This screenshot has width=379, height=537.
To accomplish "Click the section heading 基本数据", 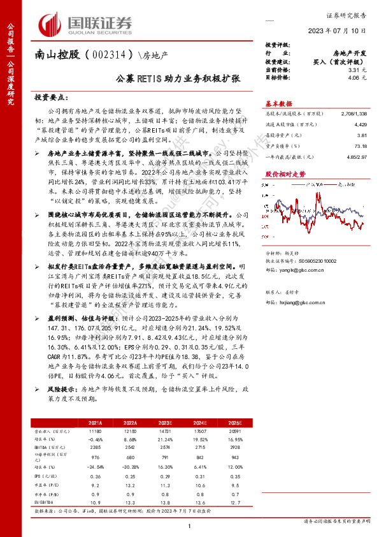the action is coord(278,103).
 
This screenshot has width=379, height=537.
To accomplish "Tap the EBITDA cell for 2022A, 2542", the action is coord(131,448).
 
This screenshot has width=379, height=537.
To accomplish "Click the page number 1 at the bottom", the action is coord(190,524).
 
